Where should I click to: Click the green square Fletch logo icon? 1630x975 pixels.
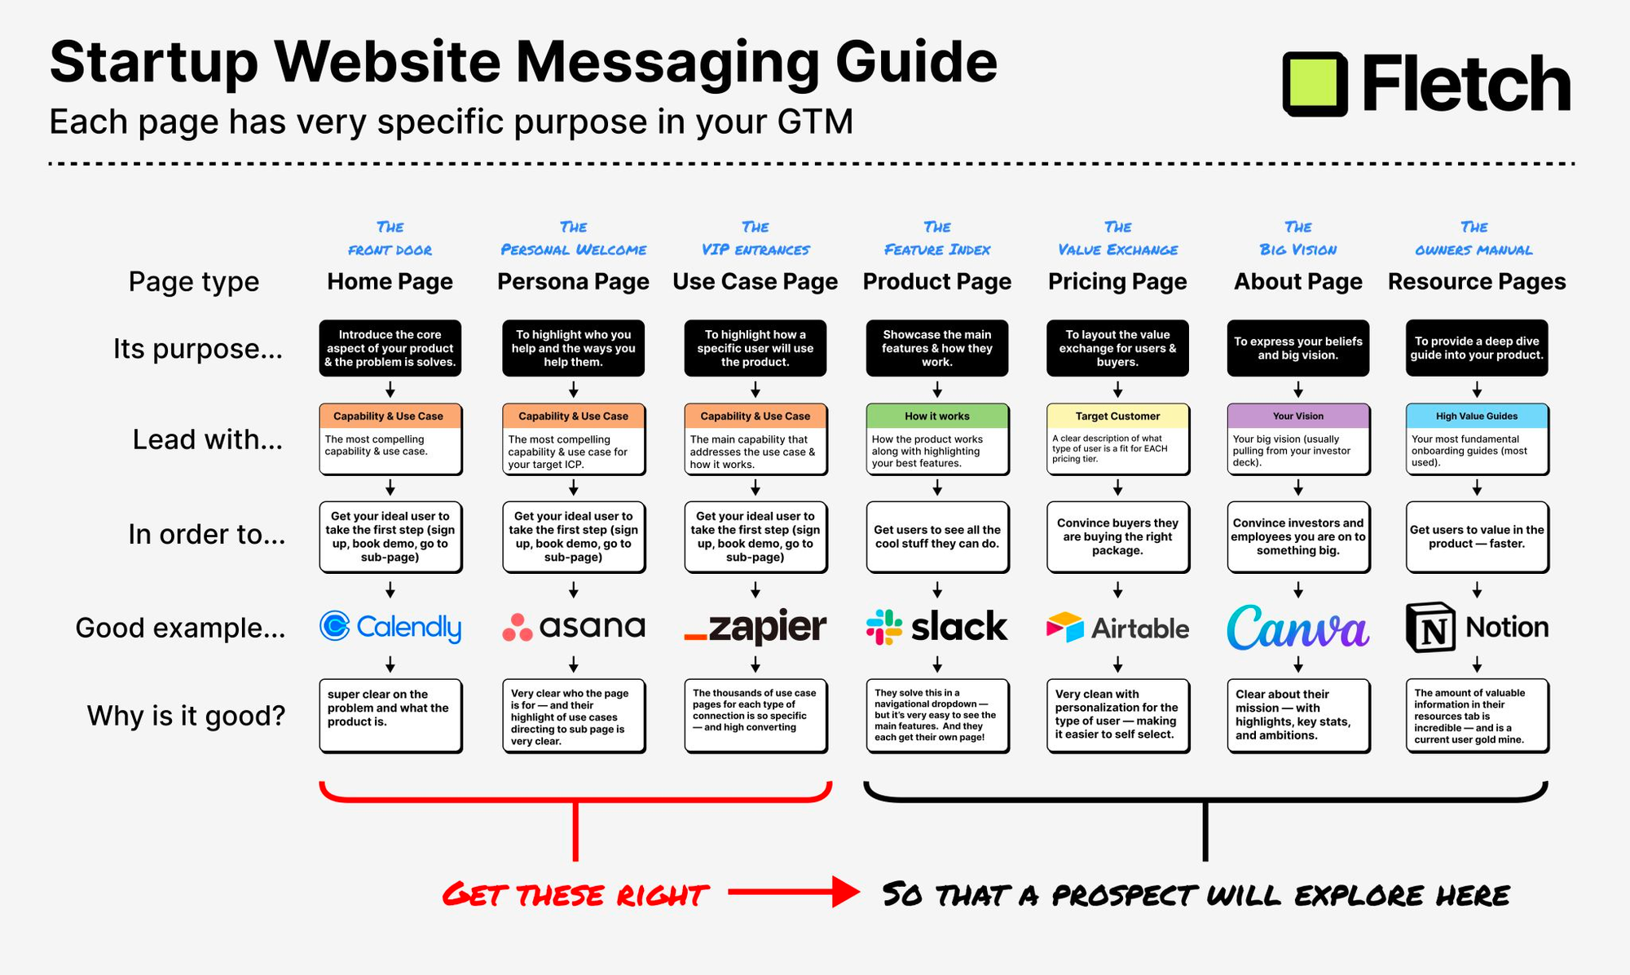1315,84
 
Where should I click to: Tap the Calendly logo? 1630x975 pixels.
390,626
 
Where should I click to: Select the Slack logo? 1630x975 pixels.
936,627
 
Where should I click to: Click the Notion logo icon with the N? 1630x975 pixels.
1430,627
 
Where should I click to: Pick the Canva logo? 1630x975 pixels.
1297,627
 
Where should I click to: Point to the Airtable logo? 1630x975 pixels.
1117,628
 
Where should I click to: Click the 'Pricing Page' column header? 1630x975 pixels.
1117,281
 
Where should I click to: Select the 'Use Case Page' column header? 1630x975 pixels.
755,281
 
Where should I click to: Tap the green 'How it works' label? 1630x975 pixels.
937,416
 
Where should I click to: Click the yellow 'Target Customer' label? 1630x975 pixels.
1117,416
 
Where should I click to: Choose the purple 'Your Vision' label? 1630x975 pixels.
1298,416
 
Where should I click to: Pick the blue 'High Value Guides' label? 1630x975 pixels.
1477,416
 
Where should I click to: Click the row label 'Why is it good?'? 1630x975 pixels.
187,716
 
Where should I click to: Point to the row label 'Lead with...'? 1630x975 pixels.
208,439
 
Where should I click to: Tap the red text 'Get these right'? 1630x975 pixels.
575,895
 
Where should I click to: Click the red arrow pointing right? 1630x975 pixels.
793,892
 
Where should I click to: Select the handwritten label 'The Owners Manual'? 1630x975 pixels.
1474,238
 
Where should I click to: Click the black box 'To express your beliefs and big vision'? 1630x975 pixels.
1298,348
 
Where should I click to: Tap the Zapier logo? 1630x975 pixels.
755,626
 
